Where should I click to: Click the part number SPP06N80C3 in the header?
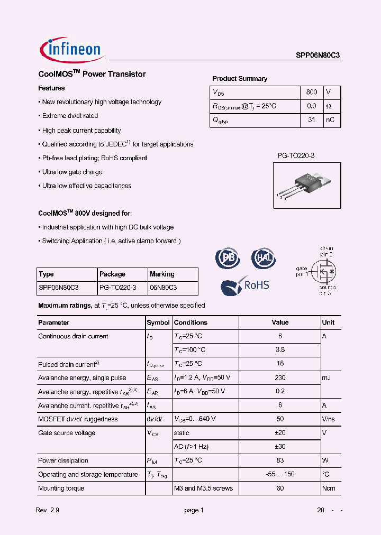[318, 54]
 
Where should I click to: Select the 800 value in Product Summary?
[312, 92]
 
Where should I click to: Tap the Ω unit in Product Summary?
[329, 106]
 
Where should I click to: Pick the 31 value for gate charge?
[312, 120]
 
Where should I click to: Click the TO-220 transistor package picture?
[306, 185]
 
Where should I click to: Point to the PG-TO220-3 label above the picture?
[296, 155]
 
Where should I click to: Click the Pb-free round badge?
[228, 258]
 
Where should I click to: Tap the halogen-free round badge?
[263, 258]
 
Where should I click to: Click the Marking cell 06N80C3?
[163, 288]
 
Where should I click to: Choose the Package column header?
[112, 274]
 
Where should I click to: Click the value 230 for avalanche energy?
[280, 377]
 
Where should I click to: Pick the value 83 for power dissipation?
[280, 460]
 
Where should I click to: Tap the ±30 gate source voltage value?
[280, 447]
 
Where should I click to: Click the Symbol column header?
[158, 322]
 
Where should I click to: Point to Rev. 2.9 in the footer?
[47, 510]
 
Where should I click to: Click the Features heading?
[51, 88]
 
